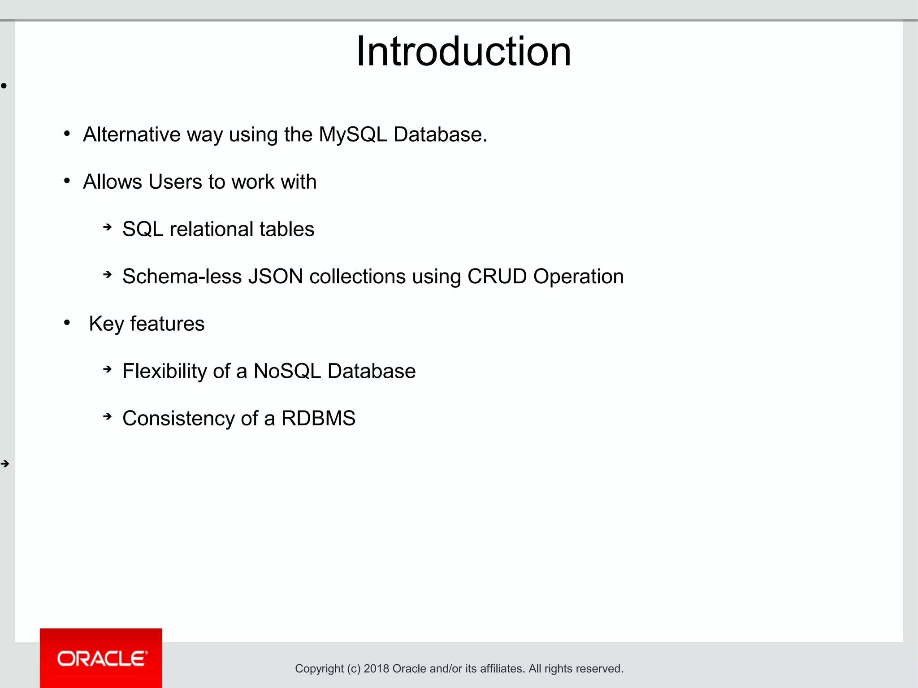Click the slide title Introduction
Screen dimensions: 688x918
(x=463, y=52)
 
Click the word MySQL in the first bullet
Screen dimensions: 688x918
(x=353, y=134)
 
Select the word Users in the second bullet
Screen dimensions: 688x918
(x=175, y=182)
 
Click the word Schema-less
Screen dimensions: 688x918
(x=182, y=277)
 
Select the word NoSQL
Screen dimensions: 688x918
(x=287, y=371)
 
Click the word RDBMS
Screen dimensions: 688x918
(x=318, y=419)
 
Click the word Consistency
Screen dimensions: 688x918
(x=178, y=419)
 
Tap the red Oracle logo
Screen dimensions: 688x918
(x=101, y=658)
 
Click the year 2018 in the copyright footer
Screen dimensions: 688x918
(x=376, y=669)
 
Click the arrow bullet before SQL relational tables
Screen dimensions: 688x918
(x=107, y=227)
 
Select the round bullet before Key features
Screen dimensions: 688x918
(x=67, y=322)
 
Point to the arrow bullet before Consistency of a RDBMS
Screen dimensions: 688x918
(x=107, y=416)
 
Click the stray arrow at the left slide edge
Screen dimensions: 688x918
(x=5, y=464)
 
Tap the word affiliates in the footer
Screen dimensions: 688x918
(x=502, y=669)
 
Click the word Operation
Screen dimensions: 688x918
(x=578, y=277)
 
